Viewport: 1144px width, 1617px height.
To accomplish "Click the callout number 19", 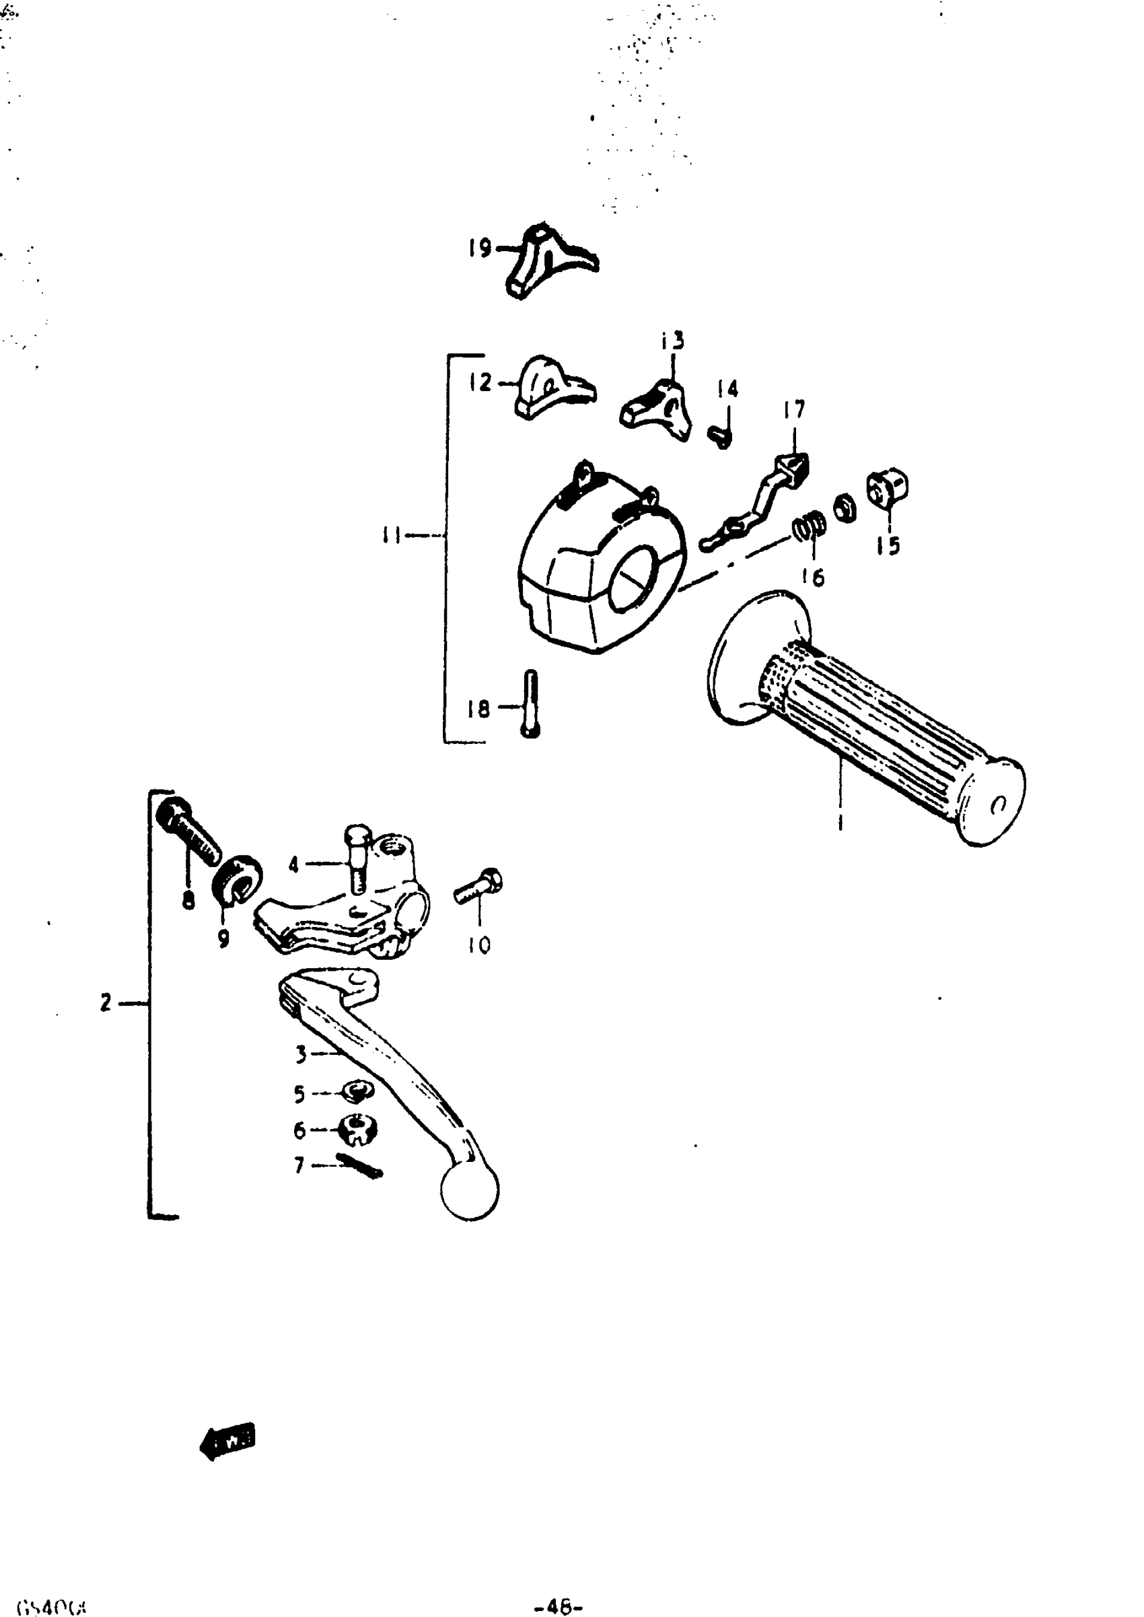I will [x=480, y=248].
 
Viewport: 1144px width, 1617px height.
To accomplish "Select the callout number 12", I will [x=480, y=382].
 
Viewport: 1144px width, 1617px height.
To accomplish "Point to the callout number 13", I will [x=673, y=341].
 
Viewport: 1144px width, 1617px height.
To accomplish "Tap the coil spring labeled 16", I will [x=810, y=526].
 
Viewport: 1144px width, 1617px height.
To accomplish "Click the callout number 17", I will [x=794, y=410].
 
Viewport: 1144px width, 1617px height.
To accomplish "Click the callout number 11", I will [x=391, y=535].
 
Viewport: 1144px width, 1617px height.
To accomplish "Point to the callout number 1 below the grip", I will [x=840, y=821].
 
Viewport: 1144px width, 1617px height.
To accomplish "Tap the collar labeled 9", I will [x=238, y=877].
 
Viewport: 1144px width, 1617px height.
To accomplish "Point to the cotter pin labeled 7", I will [x=359, y=1166].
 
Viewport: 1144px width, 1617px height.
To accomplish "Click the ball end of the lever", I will [x=470, y=1190].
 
